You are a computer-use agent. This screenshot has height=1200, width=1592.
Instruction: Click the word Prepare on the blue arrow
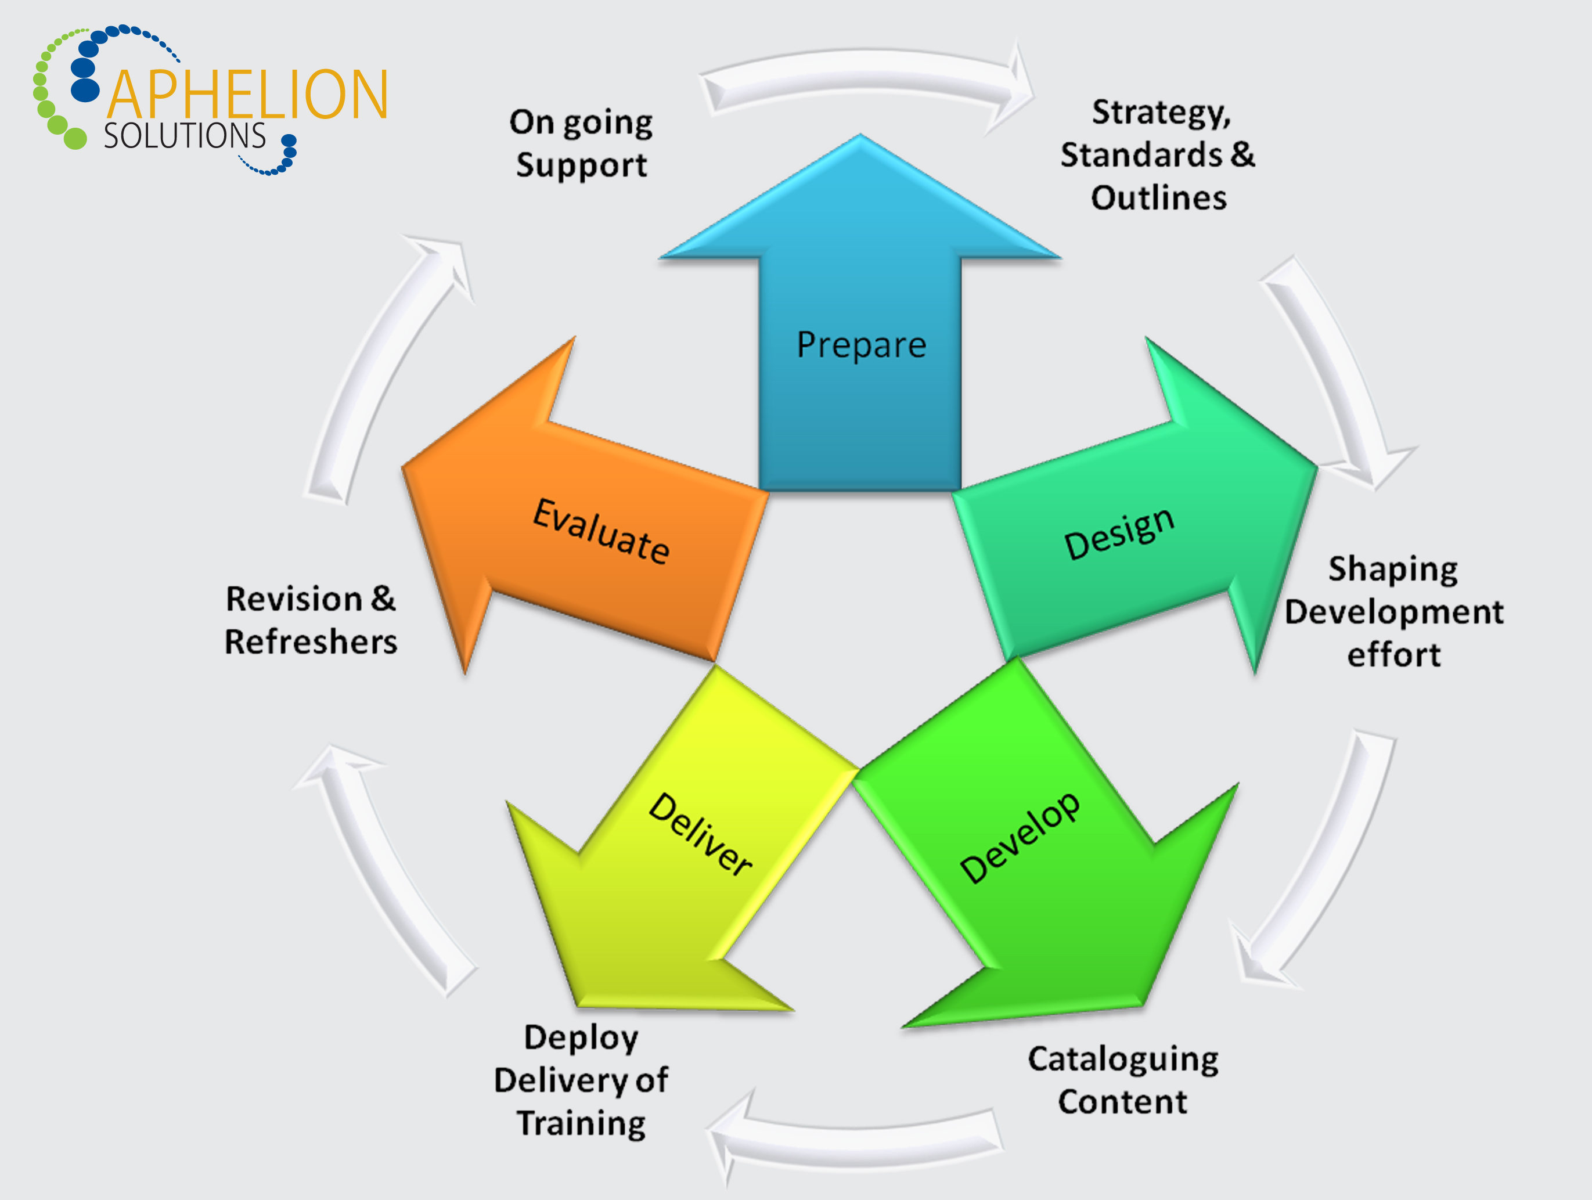pyautogui.click(x=861, y=345)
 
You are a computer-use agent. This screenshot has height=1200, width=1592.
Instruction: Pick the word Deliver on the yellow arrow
pyautogui.click(x=700, y=834)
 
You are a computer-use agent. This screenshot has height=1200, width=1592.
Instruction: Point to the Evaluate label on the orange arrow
pyautogui.click(x=601, y=531)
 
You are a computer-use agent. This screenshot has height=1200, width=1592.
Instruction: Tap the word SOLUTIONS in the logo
pyautogui.click(x=185, y=136)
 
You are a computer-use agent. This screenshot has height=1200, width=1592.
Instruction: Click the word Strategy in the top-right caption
pyautogui.click(x=1161, y=113)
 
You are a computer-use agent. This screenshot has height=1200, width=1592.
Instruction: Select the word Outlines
pyautogui.click(x=1159, y=198)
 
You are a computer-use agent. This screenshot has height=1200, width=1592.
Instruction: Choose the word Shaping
pyautogui.click(x=1393, y=570)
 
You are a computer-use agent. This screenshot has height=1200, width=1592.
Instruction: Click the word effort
pyautogui.click(x=1394, y=655)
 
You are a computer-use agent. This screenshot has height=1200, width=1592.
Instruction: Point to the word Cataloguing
pyautogui.click(x=1123, y=1060)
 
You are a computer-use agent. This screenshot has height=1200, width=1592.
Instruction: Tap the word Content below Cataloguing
pyautogui.click(x=1123, y=1102)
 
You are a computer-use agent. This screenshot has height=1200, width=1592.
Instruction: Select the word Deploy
pyautogui.click(x=581, y=1038)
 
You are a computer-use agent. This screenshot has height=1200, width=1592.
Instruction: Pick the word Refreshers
pyautogui.click(x=311, y=642)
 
